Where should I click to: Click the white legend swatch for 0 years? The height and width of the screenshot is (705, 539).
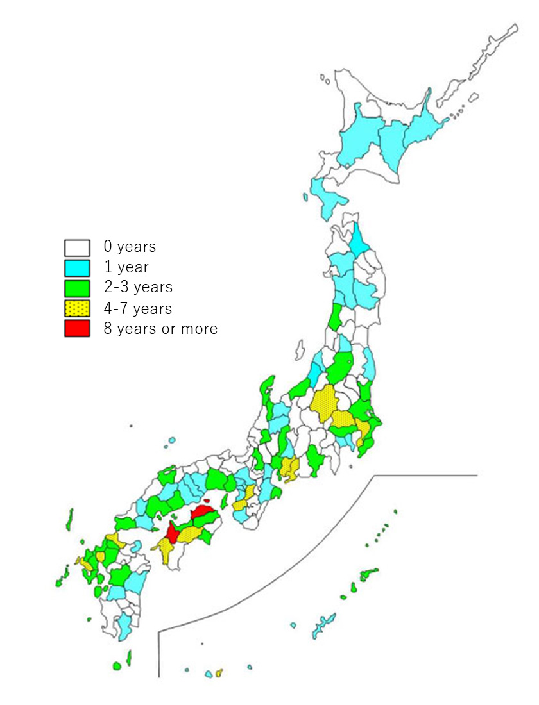(76, 247)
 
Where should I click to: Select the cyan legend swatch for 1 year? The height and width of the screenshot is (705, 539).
(76, 267)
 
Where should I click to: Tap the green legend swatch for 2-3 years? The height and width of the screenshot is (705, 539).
(76, 288)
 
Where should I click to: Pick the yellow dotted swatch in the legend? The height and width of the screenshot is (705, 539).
(76, 308)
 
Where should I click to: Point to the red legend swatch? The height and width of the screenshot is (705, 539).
(76, 329)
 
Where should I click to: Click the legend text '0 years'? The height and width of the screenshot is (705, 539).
(130, 247)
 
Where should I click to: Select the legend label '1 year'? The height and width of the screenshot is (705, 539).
(126, 267)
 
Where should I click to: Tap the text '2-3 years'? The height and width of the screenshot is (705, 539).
(138, 287)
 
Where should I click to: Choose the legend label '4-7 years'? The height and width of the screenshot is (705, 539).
(138, 308)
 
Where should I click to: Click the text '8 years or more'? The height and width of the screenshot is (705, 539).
(160, 329)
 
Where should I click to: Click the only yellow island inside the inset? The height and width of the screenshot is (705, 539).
(219, 672)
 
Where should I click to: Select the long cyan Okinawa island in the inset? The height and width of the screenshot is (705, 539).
(323, 624)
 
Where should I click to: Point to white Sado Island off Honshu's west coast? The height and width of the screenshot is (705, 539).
(300, 349)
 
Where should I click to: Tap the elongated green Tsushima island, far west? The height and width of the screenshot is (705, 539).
(69, 518)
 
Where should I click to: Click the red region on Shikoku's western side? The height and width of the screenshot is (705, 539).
(172, 531)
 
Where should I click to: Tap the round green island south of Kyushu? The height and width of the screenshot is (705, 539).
(117, 667)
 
